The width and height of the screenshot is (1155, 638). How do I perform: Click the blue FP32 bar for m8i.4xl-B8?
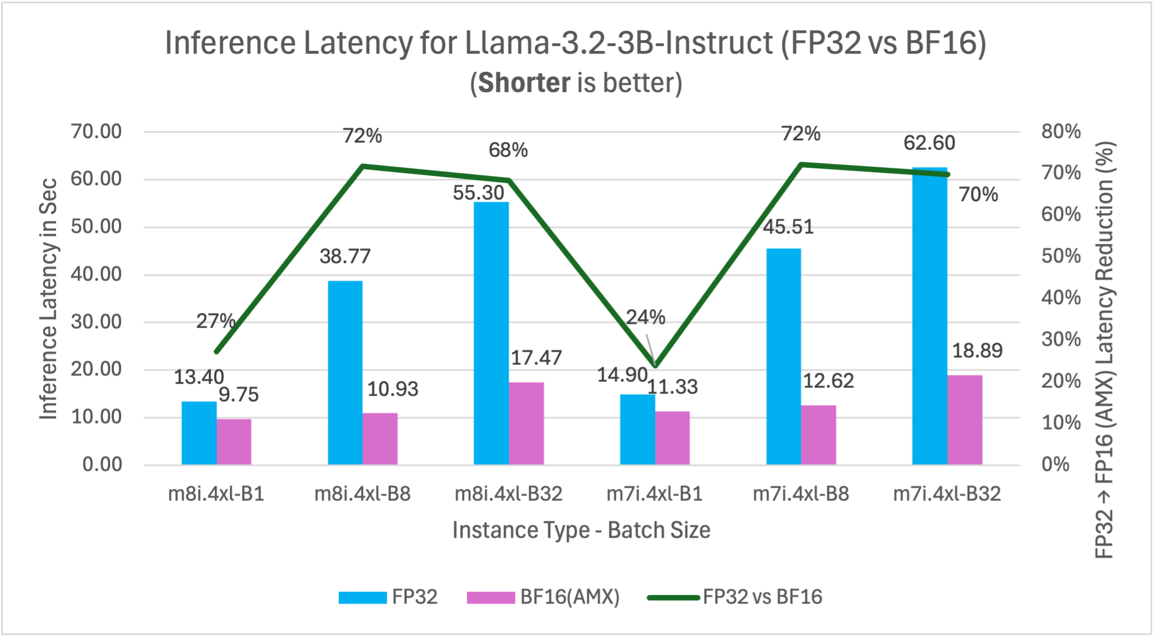(345, 373)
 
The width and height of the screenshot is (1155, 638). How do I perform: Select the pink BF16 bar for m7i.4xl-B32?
(965, 420)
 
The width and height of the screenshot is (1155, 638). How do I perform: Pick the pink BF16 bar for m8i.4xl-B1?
(234, 442)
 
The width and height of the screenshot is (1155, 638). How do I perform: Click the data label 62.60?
(929, 143)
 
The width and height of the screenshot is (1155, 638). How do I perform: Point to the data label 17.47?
(536, 358)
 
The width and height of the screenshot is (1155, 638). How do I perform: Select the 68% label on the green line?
(508, 150)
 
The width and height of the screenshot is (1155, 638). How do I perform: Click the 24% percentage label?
(645, 317)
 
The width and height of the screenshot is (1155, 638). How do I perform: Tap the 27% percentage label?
(215, 321)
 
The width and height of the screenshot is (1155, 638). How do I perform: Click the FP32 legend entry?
(388, 597)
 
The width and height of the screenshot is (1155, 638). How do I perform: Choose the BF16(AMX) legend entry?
(543, 597)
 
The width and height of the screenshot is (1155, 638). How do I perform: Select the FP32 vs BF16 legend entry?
(735, 597)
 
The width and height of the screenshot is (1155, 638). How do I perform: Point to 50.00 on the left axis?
(96, 226)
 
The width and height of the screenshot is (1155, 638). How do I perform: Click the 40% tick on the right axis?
(1061, 298)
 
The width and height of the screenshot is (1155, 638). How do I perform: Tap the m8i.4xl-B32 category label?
(508, 494)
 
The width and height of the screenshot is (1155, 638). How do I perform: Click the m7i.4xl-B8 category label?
(801, 494)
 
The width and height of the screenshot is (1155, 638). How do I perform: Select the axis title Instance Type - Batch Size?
(581, 530)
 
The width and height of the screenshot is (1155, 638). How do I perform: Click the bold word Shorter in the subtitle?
(524, 83)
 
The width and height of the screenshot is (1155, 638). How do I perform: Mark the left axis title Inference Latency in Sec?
(48, 299)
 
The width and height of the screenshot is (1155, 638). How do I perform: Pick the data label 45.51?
(788, 227)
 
